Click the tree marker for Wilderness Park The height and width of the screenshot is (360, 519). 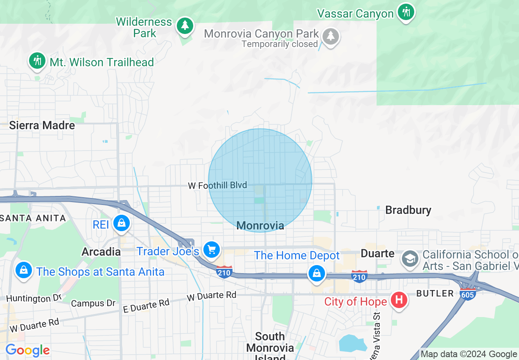(185, 26)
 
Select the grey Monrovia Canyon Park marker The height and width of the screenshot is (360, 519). (331, 37)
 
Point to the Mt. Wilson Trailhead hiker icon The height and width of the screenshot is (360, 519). (37, 61)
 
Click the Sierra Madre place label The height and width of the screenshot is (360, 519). (42, 125)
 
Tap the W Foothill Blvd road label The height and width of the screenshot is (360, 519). (217, 185)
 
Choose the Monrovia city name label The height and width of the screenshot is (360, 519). (260, 225)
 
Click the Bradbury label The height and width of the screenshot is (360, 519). (408, 210)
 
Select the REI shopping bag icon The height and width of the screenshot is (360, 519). (121, 223)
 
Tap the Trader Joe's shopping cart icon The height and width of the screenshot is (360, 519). (212, 249)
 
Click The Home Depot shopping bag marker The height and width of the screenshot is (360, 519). (316, 273)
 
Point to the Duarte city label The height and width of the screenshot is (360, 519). (377, 253)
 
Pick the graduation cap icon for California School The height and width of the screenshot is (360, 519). (410, 258)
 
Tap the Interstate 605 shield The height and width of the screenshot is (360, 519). (467, 293)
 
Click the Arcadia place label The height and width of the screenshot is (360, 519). (101, 252)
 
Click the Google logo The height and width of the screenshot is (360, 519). (27, 350)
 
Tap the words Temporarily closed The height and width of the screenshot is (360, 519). (280, 44)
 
